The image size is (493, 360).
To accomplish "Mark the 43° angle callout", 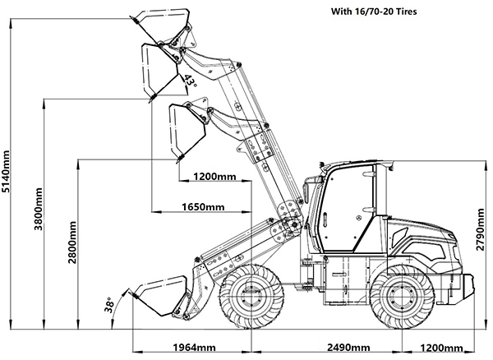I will [x=190, y=81].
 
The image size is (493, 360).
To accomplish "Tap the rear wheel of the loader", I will [x=403, y=299].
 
